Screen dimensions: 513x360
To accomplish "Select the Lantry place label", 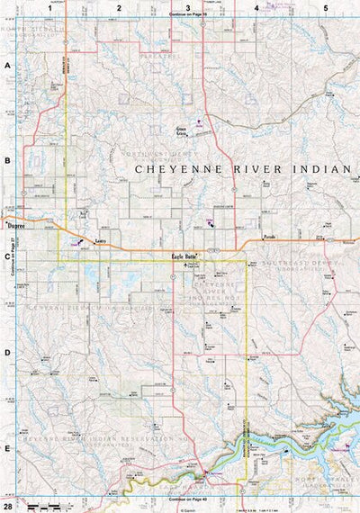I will click(x=101, y=241).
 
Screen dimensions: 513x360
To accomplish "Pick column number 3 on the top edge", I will click(x=186, y=7).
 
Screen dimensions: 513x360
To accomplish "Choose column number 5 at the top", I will click(x=325, y=7).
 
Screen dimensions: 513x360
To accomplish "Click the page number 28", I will click(x=7, y=507).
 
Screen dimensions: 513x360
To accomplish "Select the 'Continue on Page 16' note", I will click(x=188, y=15).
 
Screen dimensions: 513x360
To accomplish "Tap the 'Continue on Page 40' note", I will click(x=188, y=499).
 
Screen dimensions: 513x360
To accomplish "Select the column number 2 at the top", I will click(x=118, y=7).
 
